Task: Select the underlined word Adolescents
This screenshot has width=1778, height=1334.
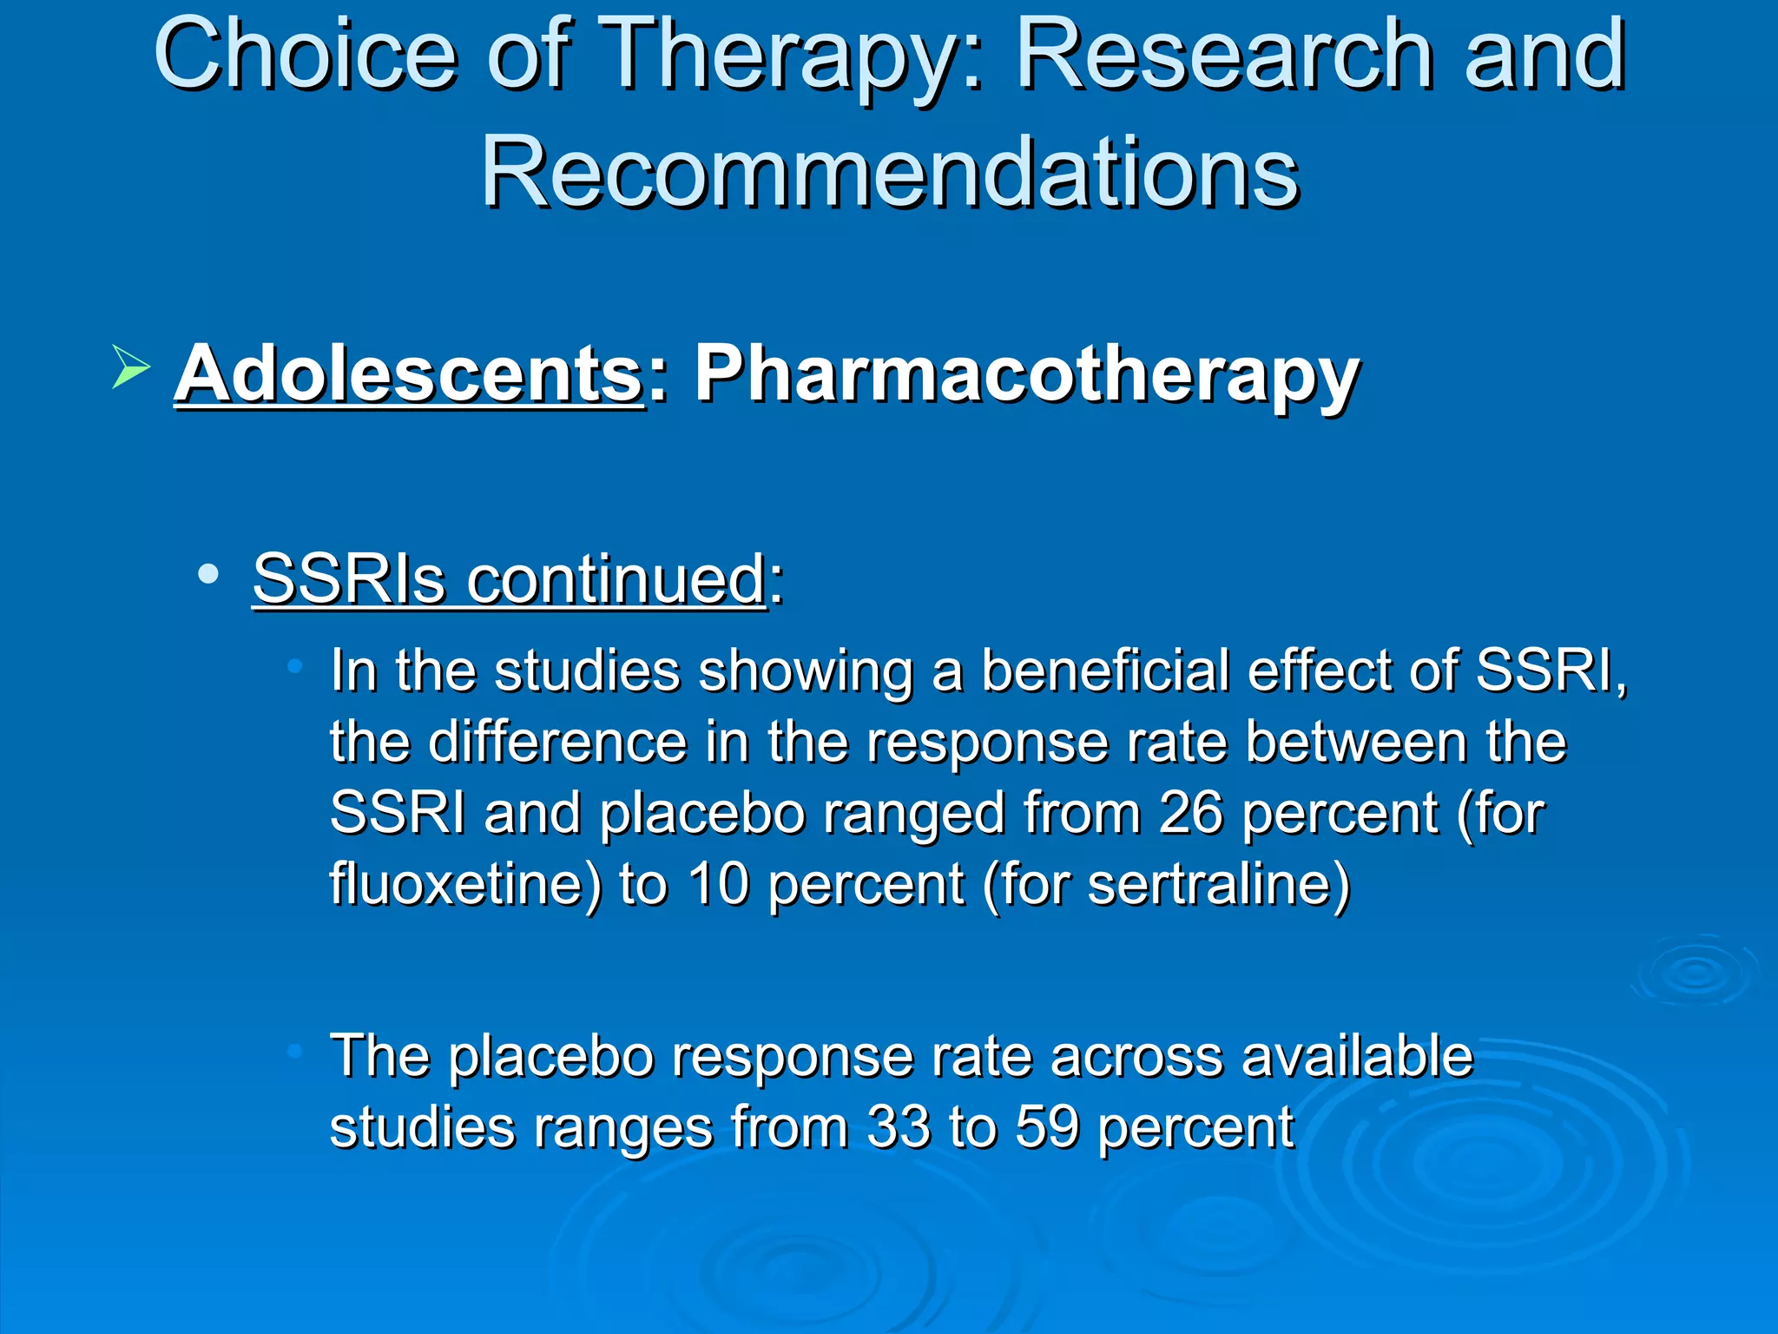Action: [409, 374]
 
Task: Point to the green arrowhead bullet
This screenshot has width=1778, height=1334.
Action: [130, 366]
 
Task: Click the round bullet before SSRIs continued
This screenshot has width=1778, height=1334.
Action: [207, 574]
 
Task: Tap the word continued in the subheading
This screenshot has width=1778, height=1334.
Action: [616, 578]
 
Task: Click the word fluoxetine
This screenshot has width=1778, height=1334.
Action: [465, 884]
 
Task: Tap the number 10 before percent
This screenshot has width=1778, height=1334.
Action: [719, 884]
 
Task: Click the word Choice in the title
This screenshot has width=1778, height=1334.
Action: [305, 56]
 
